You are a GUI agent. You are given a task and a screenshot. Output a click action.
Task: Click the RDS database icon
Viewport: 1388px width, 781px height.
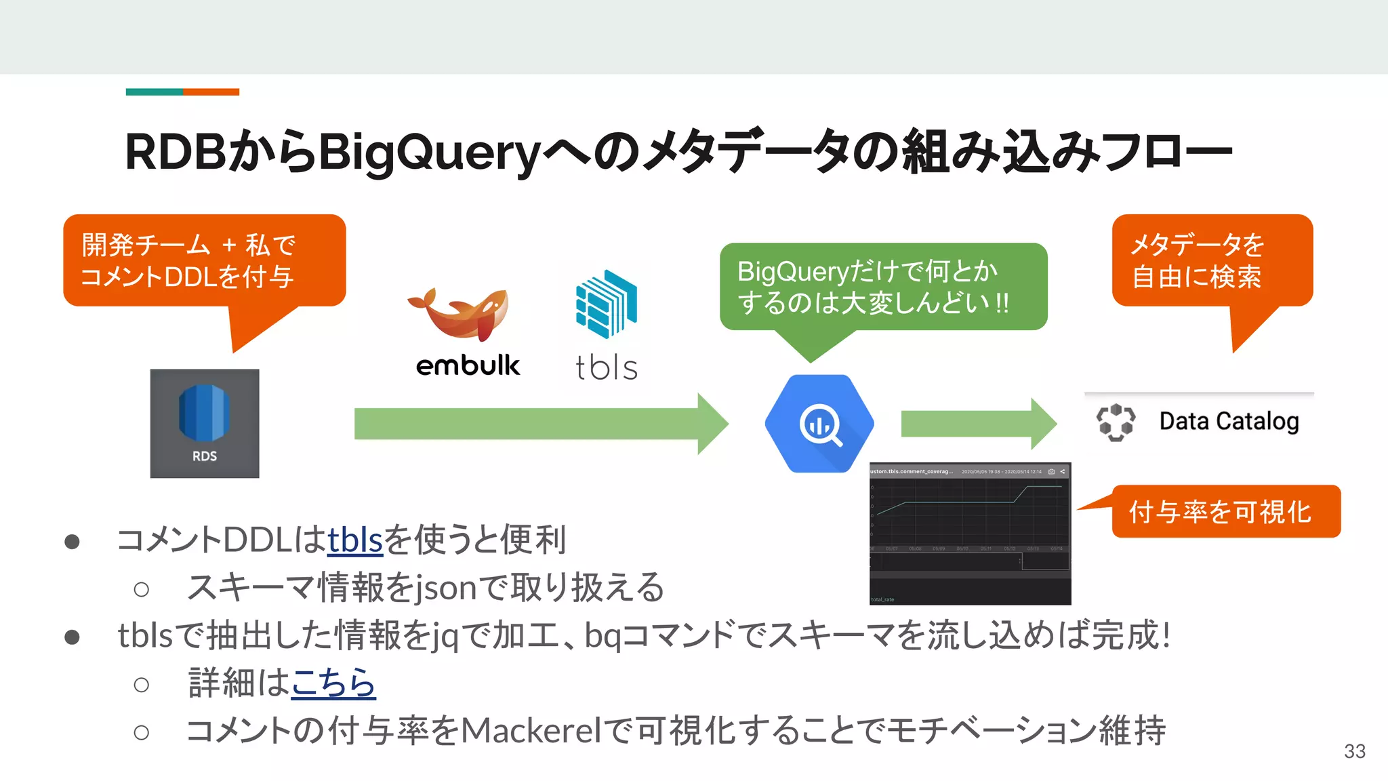(x=204, y=422)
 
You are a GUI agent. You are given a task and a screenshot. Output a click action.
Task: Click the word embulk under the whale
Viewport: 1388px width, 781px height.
(x=468, y=365)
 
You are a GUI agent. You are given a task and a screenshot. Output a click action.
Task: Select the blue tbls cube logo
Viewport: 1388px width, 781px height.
(x=607, y=303)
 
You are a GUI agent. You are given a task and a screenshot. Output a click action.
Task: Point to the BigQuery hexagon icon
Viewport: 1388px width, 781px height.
(x=819, y=424)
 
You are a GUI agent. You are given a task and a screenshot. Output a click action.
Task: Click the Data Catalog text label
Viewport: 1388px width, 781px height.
(x=1229, y=421)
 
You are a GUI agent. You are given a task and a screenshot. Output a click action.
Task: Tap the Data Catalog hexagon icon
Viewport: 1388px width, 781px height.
(x=1116, y=422)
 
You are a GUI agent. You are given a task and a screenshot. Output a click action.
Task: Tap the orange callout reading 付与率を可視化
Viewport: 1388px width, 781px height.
(x=1225, y=511)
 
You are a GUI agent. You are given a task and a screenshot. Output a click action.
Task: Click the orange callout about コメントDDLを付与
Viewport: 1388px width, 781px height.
(x=204, y=261)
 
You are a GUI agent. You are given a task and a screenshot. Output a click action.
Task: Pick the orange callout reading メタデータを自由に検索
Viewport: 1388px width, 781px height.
(x=1212, y=261)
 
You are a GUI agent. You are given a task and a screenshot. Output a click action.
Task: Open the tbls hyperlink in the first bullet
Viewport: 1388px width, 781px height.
(x=355, y=540)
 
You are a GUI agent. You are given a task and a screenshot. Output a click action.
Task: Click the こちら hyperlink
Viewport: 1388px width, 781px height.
(x=333, y=683)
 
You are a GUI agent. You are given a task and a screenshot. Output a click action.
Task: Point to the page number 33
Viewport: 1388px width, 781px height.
(x=1354, y=751)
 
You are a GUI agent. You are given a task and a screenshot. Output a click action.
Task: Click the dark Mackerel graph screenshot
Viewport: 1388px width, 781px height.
(x=970, y=534)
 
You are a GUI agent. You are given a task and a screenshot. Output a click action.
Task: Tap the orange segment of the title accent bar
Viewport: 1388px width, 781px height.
(x=211, y=92)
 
